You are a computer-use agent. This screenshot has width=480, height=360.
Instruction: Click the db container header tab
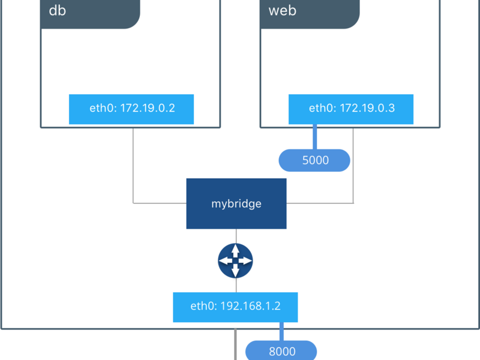tap(91, 14)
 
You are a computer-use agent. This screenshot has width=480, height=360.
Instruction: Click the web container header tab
tap(310, 14)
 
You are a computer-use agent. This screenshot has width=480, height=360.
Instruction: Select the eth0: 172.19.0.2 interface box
tap(131, 109)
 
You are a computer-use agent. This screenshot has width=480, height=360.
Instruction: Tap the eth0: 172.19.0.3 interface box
tap(351, 109)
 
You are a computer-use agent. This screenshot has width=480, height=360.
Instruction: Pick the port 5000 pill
tap(314, 160)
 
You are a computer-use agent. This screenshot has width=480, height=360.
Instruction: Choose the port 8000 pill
tap(281, 351)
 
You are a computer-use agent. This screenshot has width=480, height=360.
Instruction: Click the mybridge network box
tap(236, 203)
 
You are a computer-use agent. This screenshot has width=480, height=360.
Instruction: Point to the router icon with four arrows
tap(235, 260)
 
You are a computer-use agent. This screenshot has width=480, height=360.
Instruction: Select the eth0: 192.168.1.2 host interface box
tap(235, 307)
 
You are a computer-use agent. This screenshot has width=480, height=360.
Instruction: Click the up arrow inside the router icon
tap(235, 251)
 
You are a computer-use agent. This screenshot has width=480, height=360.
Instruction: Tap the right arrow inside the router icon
tap(245, 260)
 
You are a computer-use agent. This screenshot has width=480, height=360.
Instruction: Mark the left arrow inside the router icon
tap(226, 260)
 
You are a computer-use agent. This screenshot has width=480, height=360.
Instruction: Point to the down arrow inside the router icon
tap(235, 271)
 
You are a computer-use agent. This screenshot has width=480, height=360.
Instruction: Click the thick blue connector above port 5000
tap(314, 137)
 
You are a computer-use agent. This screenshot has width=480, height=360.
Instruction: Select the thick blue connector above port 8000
tap(281, 332)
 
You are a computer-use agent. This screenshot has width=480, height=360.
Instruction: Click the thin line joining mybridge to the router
tap(236, 236)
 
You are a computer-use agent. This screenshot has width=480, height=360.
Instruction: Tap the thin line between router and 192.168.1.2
tap(236, 286)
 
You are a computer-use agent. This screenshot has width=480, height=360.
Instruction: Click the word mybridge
tap(236, 204)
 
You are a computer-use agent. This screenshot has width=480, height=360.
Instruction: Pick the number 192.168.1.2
tap(250, 306)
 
